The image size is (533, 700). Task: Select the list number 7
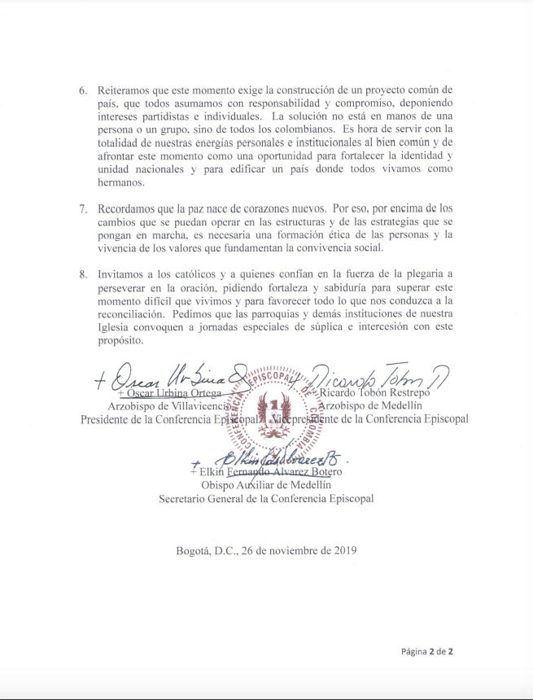tap(81, 209)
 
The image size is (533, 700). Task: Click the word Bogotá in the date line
tap(195, 549)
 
